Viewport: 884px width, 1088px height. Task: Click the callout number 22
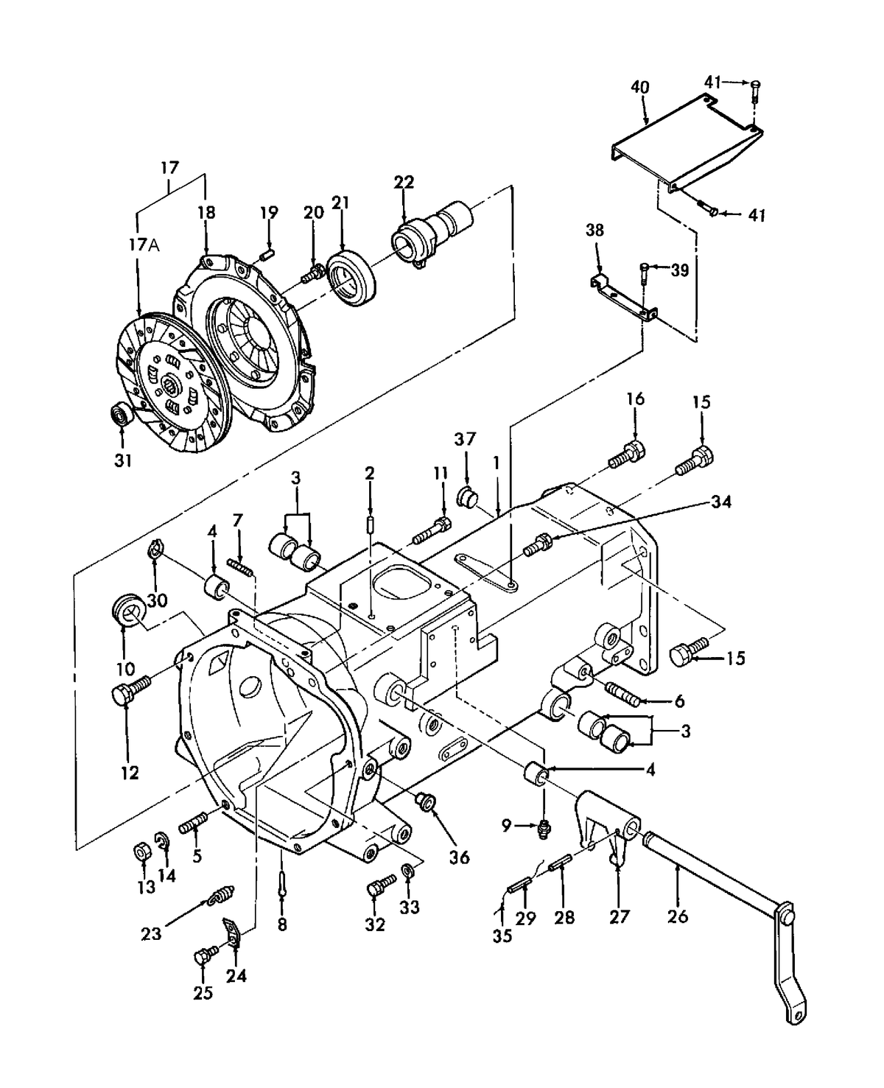[x=404, y=182]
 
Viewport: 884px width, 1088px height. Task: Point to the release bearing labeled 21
[x=351, y=277]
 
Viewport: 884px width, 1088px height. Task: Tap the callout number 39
[x=679, y=270]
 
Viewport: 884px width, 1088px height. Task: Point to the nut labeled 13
[x=140, y=852]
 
